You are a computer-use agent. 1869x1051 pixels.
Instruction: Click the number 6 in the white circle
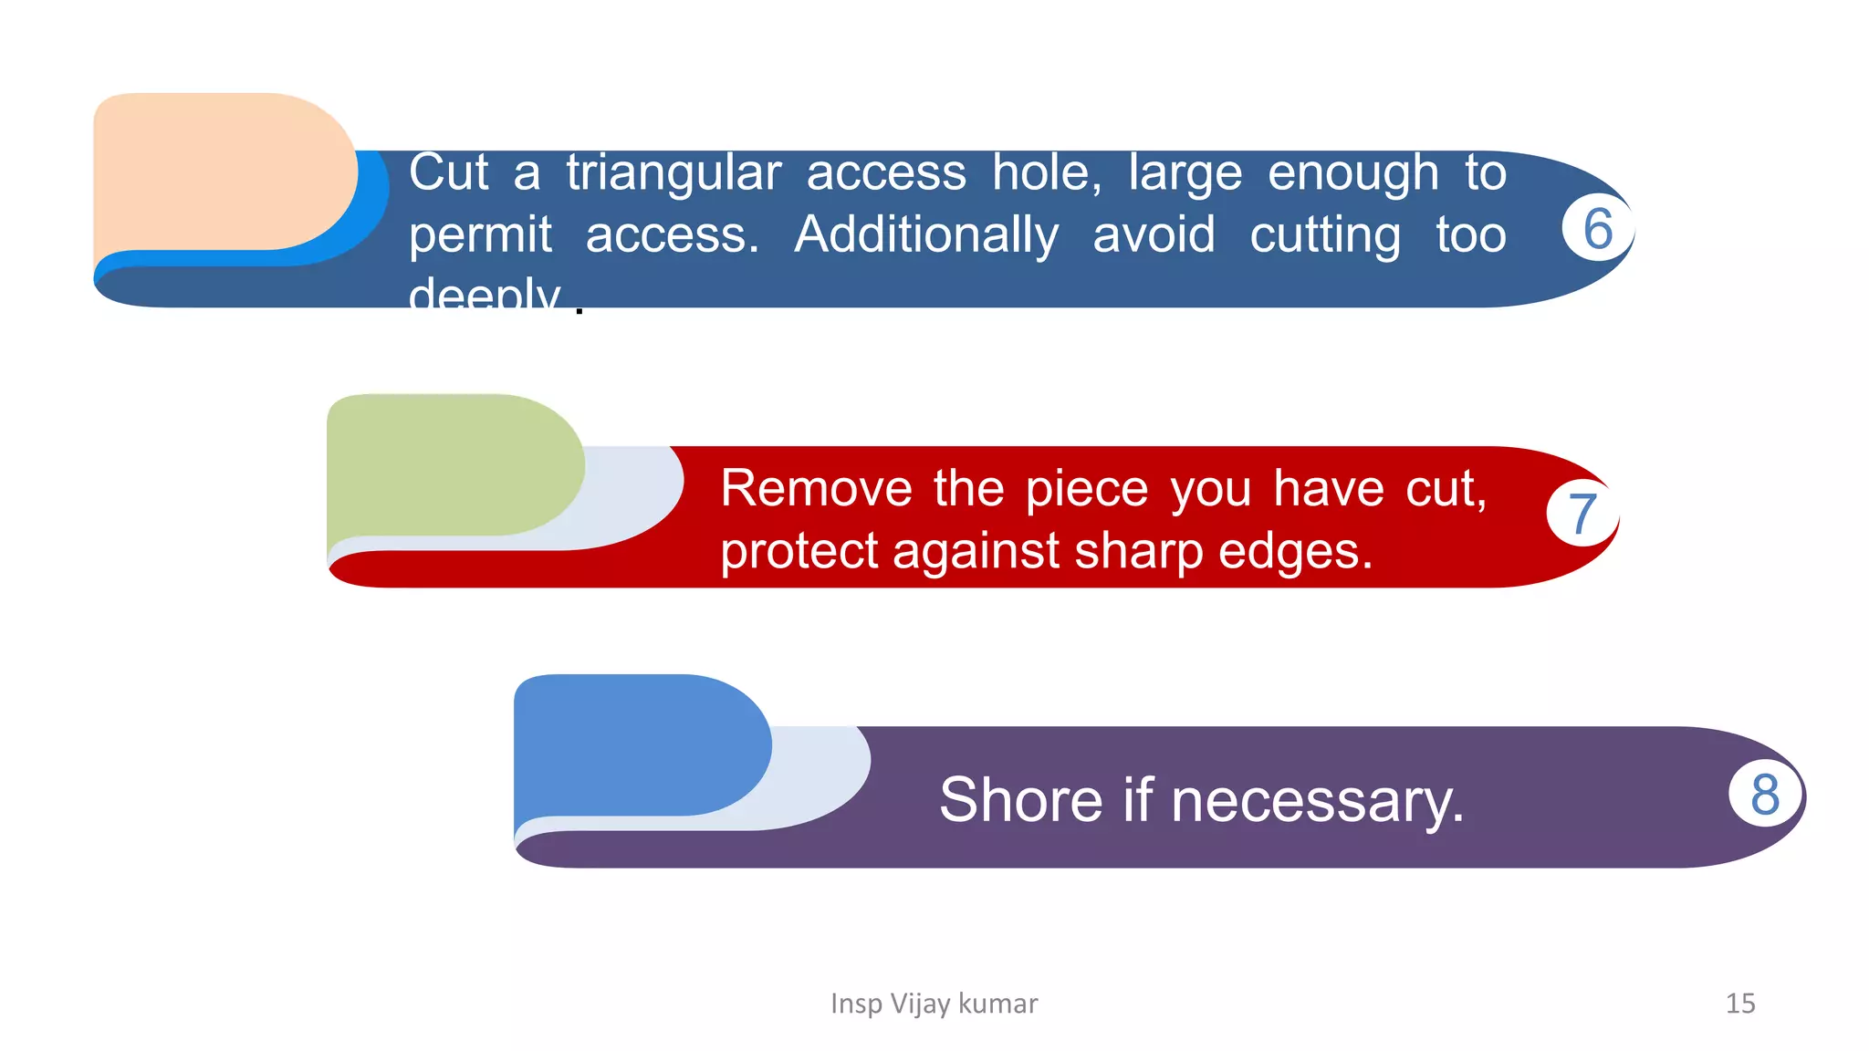[1597, 228]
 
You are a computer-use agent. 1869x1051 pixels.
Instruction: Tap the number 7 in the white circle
[1582, 513]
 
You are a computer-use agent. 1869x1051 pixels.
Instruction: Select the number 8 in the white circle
[1765, 794]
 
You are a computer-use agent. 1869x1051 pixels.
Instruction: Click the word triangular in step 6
[673, 173]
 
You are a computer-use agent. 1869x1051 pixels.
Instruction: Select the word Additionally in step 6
[926, 235]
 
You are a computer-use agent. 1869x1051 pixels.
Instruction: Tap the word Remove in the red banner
[816, 488]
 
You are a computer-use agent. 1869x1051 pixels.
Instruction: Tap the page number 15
[1739, 1004]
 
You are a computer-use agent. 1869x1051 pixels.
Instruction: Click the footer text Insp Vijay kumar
[934, 1004]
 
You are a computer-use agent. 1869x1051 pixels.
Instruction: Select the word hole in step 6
[1046, 173]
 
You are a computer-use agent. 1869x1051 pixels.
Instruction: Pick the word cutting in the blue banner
[1324, 235]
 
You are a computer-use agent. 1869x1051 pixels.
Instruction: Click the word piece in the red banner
[1086, 490]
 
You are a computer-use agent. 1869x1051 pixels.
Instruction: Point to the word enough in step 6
[1352, 173]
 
